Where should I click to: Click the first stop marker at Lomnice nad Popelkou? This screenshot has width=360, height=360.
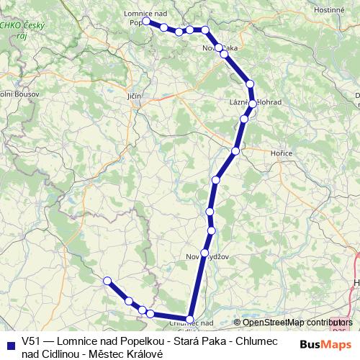[x=146, y=22]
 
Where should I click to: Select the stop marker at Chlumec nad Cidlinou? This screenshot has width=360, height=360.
[x=190, y=319]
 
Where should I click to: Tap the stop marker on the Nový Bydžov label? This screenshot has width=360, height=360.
[x=205, y=253]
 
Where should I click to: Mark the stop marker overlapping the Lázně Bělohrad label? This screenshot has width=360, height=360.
[x=251, y=104]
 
